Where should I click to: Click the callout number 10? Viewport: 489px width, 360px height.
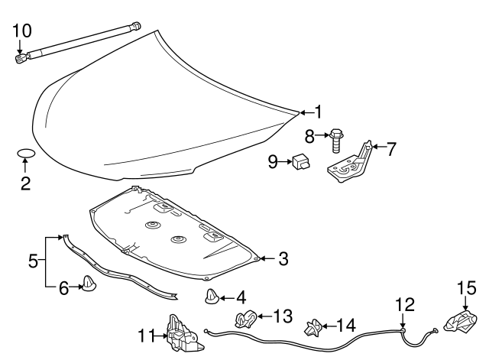(22, 31)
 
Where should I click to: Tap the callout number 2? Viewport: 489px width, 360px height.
(24, 183)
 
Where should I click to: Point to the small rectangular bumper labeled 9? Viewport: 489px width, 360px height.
(300, 161)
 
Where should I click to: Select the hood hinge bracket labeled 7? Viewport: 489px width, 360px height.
(350, 162)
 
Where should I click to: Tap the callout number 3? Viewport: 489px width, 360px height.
(283, 259)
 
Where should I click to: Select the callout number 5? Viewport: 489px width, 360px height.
(33, 261)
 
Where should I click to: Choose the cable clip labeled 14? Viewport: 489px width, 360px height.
(313, 329)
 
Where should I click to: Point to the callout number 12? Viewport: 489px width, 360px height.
(404, 306)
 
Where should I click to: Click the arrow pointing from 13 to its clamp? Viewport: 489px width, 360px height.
(261, 315)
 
